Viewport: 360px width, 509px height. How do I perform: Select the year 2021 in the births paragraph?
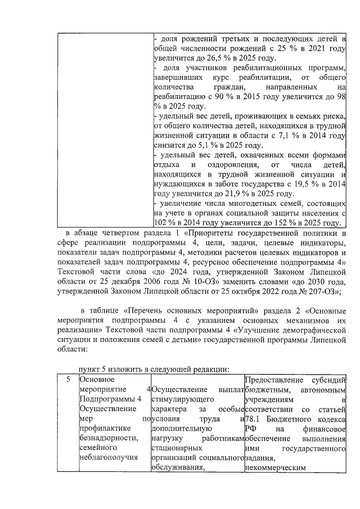[317, 49]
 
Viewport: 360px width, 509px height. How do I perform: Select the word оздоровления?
[224, 165]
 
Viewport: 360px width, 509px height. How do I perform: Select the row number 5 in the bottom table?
[67, 380]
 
